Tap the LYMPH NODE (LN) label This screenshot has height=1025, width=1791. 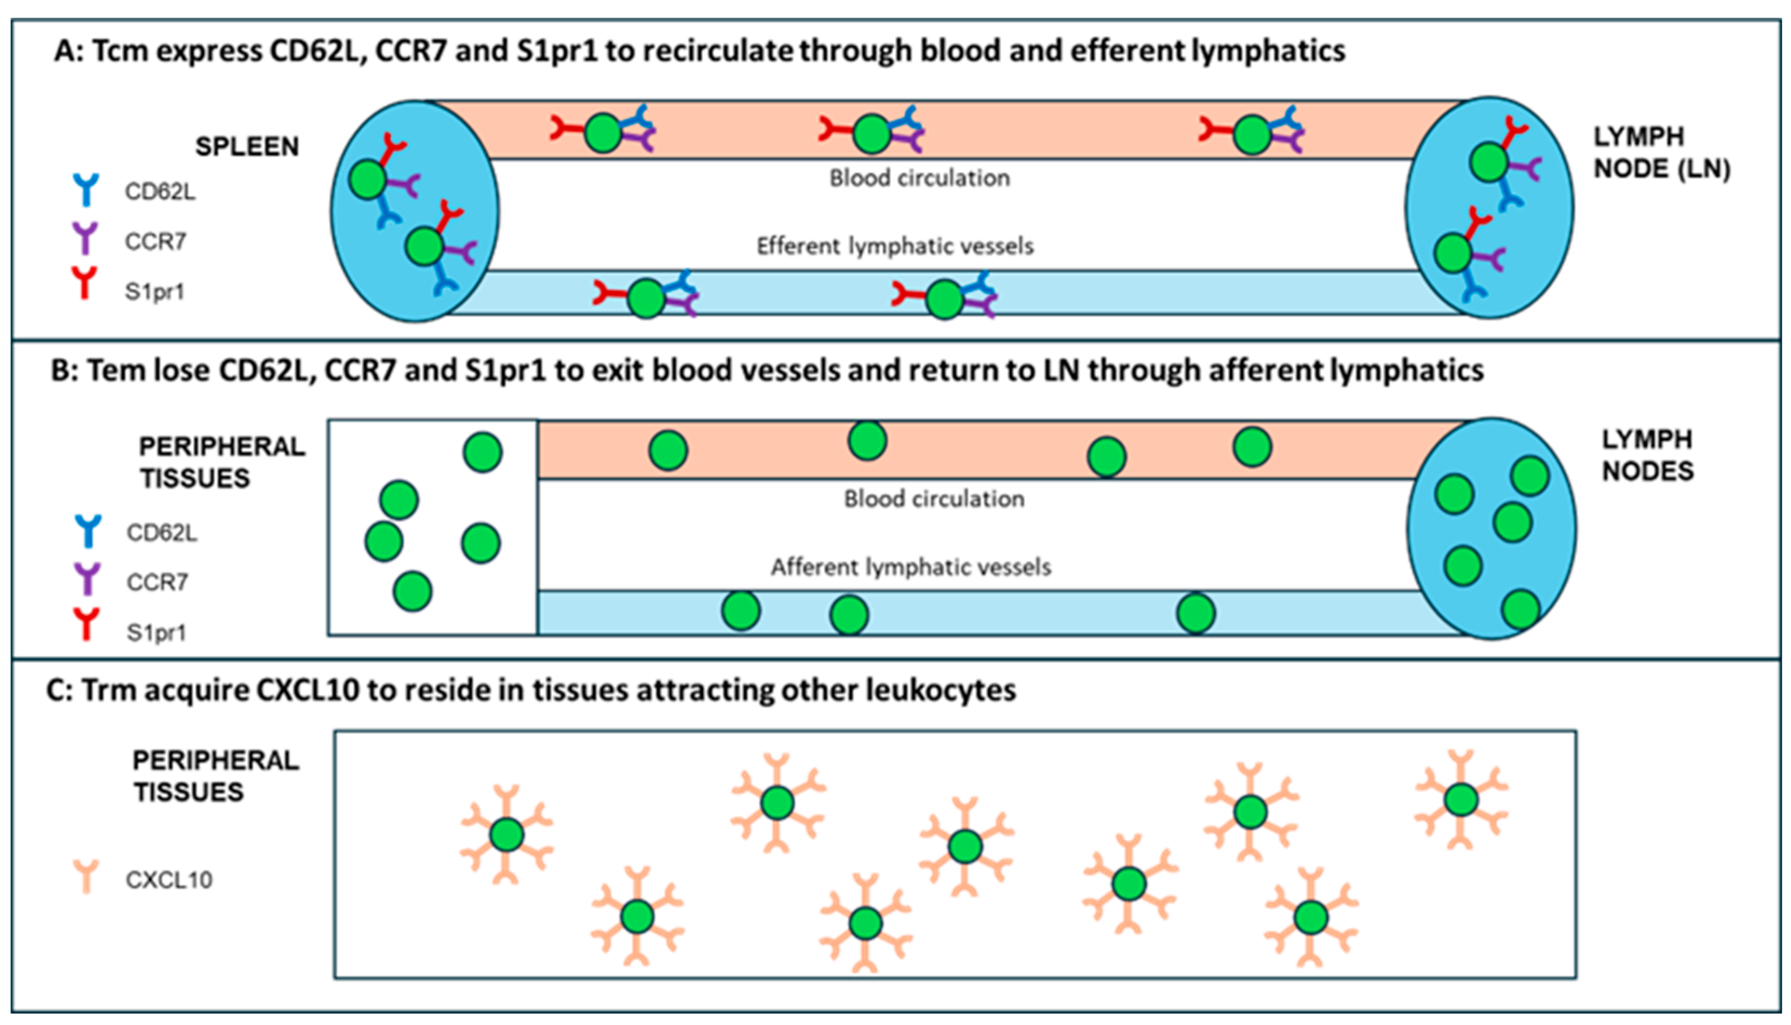pyautogui.click(x=1661, y=153)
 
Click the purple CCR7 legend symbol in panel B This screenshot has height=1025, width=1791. pyautogui.click(x=87, y=579)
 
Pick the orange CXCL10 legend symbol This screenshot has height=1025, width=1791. pyautogui.click(x=86, y=877)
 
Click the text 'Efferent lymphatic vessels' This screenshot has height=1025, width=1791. pyautogui.click(x=895, y=246)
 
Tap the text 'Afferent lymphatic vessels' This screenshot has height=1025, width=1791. pyautogui.click(x=910, y=567)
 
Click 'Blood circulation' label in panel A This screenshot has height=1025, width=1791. pyautogui.click(x=920, y=178)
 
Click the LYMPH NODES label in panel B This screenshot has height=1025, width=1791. pyautogui.click(x=1647, y=455)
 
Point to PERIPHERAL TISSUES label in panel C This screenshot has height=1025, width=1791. pyautogui.click(x=215, y=776)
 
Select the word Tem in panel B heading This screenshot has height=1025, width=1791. pyautogui.click(x=114, y=371)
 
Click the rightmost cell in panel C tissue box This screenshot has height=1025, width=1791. pyautogui.click(x=1460, y=800)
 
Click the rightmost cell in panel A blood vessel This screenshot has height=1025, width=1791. pyautogui.click(x=1252, y=135)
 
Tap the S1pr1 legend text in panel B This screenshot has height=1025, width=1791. pyautogui.click(x=156, y=632)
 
